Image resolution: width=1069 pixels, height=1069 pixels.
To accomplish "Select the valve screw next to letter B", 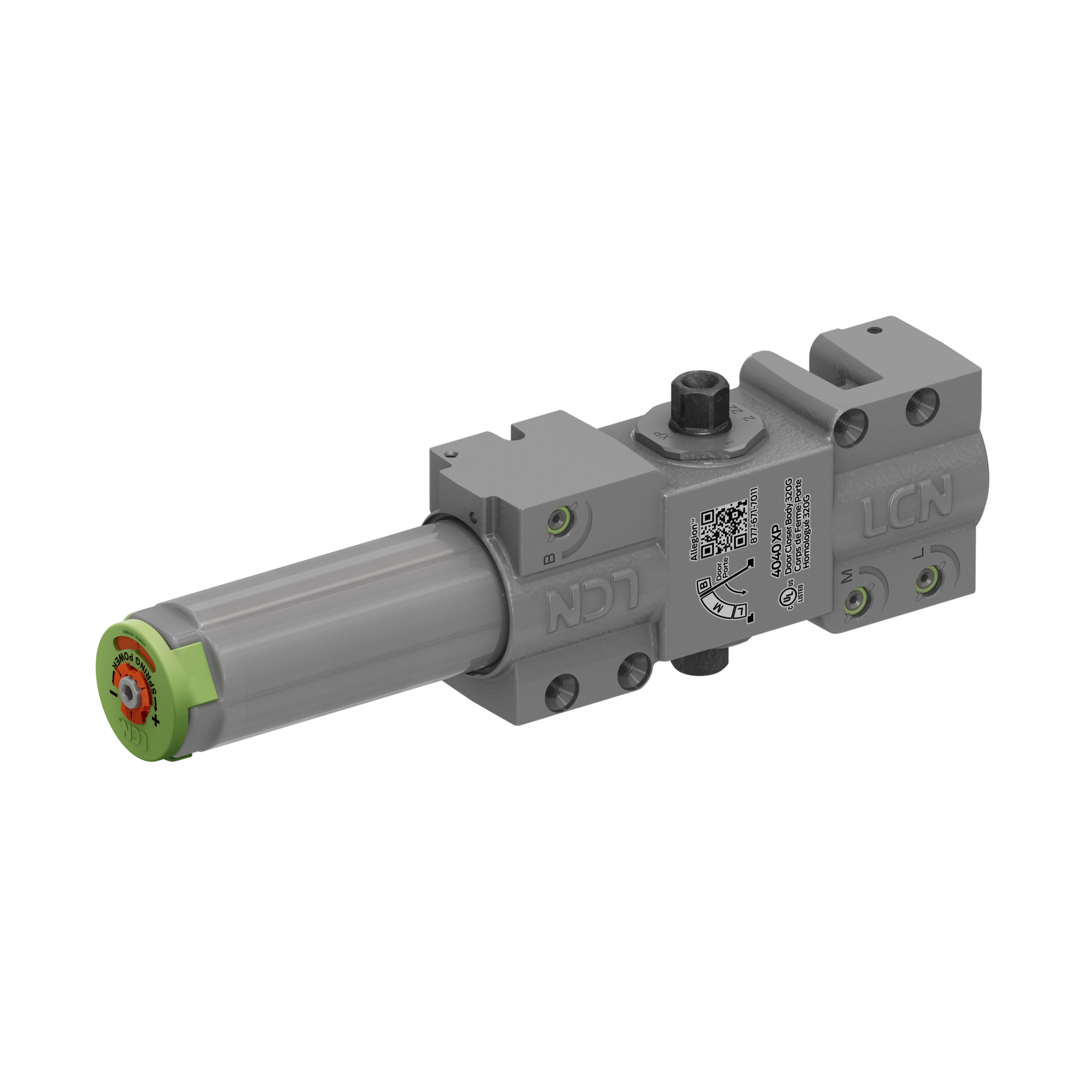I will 558,520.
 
